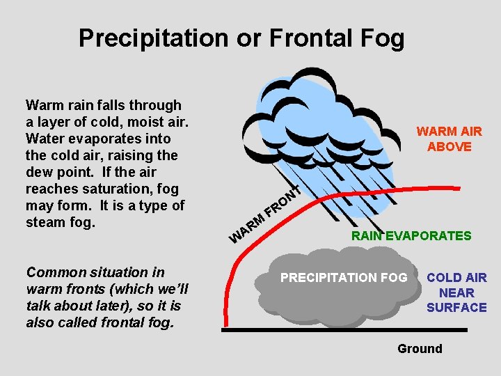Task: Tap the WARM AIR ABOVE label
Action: [x=449, y=139]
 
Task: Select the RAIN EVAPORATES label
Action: [x=411, y=236]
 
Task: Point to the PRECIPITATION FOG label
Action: [x=344, y=278]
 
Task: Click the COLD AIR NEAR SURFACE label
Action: [x=456, y=292]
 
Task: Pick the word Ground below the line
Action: [x=420, y=348]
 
